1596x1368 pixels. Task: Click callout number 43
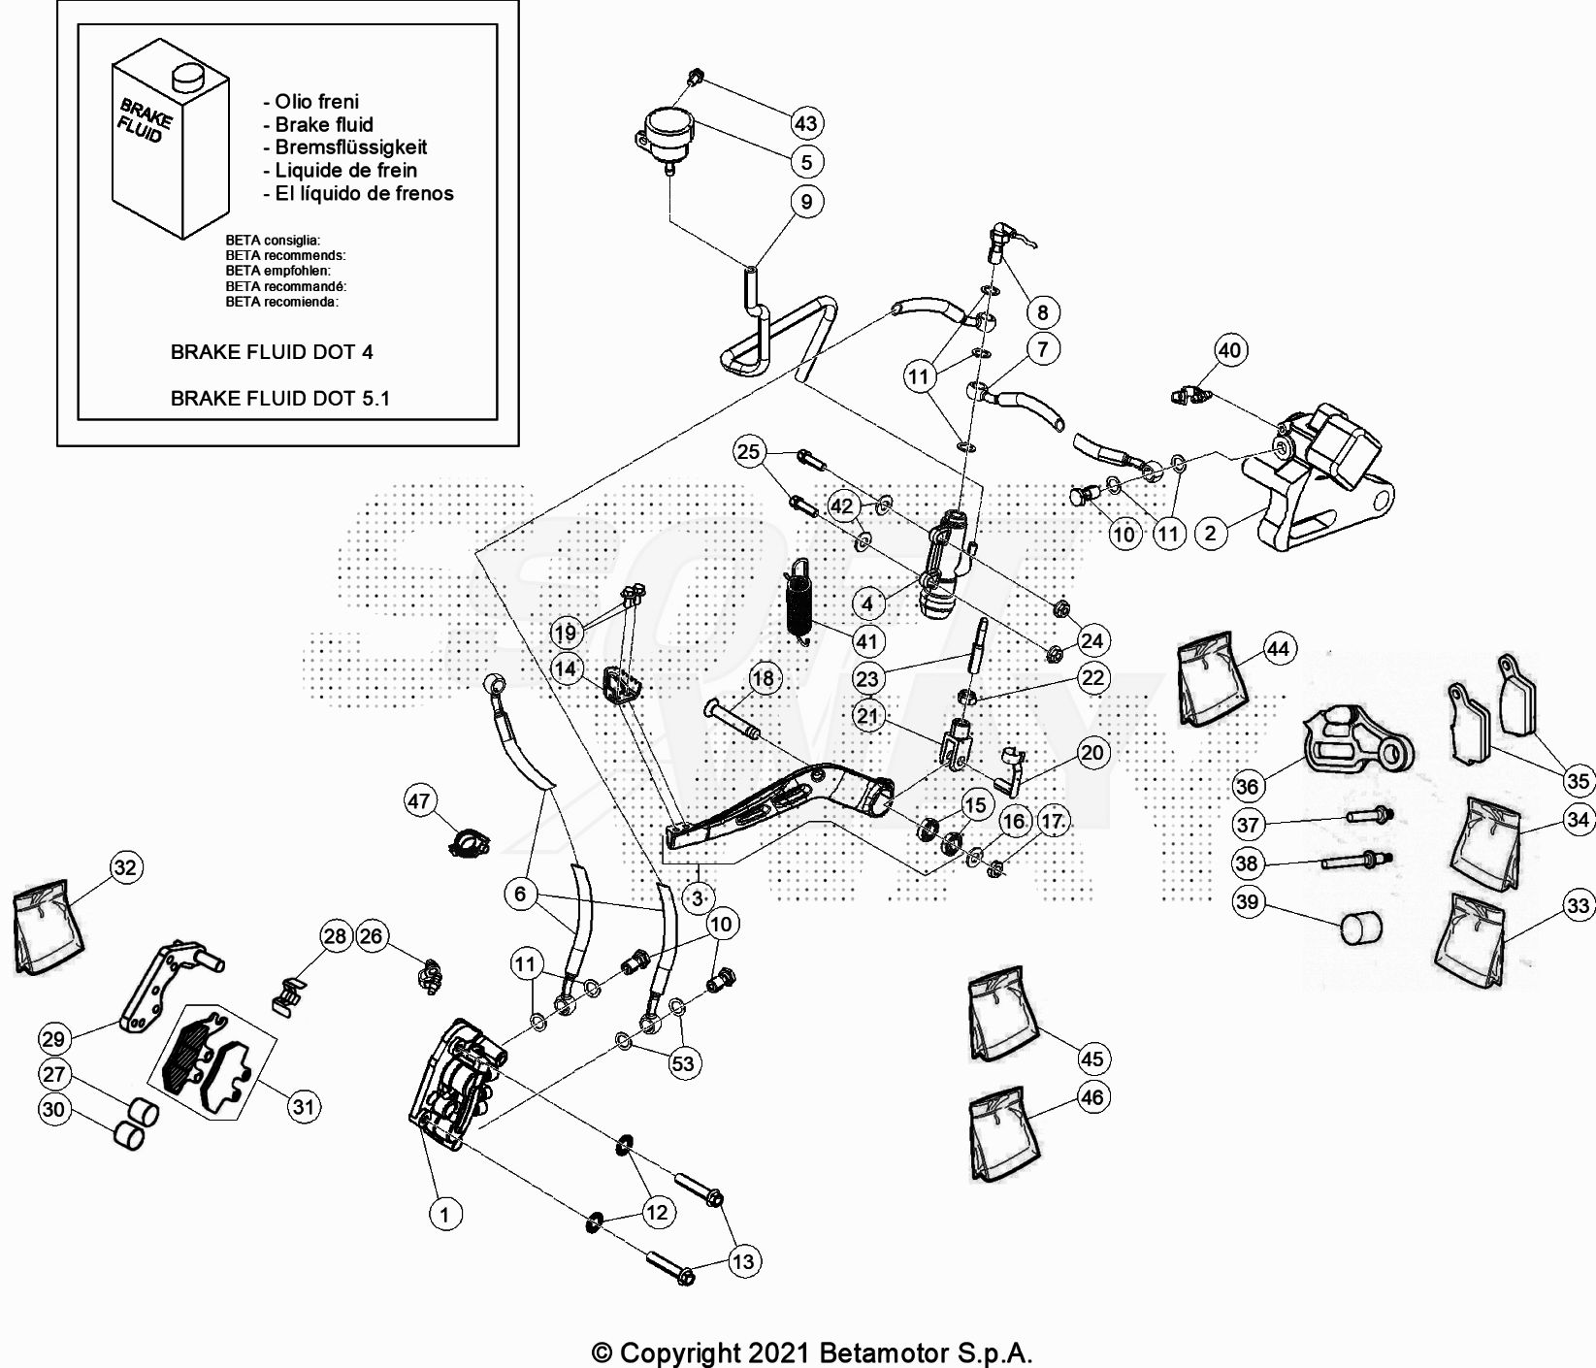806,123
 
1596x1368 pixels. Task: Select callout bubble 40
1229,350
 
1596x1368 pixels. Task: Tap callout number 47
419,801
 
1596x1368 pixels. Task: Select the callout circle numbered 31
305,1106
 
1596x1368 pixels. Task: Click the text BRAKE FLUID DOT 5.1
280,398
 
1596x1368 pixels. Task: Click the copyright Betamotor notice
812,1352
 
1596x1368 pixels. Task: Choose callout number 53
683,1062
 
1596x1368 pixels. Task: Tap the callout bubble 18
764,678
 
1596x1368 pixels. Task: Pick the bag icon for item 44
1210,680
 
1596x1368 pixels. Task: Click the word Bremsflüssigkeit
350,147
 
